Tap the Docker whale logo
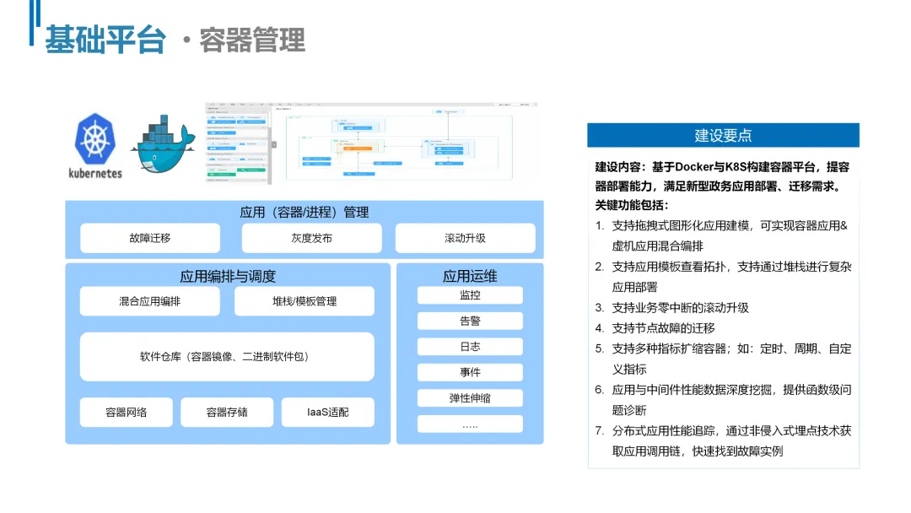click(x=163, y=145)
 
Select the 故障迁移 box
click(x=150, y=238)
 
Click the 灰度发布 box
click(x=311, y=238)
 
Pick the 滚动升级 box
click(x=465, y=238)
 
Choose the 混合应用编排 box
click(x=149, y=301)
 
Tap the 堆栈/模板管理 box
click(x=304, y=301)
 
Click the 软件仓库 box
click(x=227, y=357)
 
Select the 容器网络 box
click(x=127, y=412)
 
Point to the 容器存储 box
click(x=227, y=412)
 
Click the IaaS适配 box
click(x=327, y=412)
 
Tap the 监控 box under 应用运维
click(x=470, y=295)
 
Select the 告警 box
click(x=470, y=321)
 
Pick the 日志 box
click(x=470, y=347)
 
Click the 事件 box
click(x=470, y=372)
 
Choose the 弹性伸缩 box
click(x=470, y=397)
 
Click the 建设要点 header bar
click(x=723, y=135)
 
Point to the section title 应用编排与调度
click(x=228, y=276)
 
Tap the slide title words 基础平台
click(x=105, y=40)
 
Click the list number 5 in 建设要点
click(x=600, y=348)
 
